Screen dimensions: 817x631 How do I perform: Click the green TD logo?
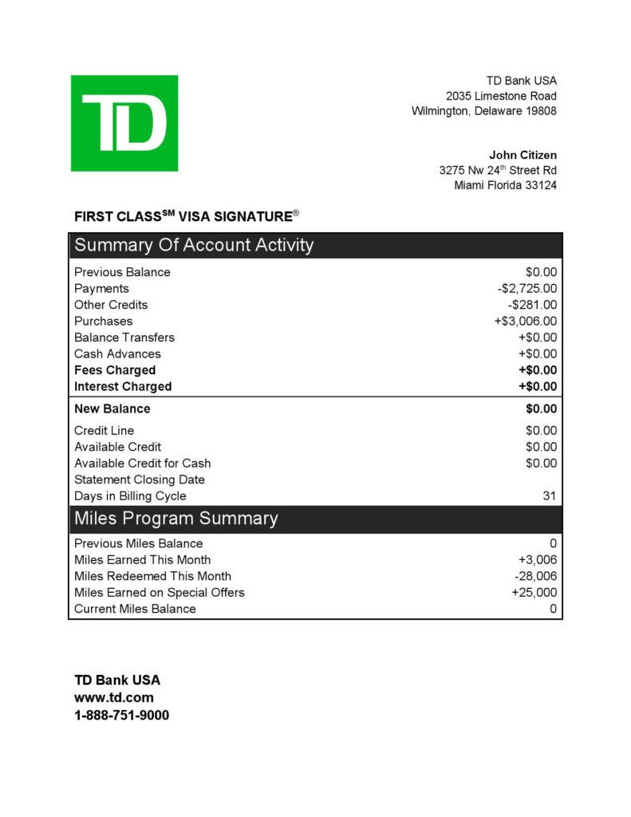(124, 123)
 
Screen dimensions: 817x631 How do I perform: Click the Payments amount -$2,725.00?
(526, 289)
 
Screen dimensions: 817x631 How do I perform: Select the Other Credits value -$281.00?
(532, 305)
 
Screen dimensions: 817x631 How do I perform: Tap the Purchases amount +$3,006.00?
(526, 322)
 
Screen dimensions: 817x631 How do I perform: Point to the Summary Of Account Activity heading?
(194, 245)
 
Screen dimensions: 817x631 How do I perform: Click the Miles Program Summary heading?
(176, 519)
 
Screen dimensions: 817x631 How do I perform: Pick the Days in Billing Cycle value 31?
(550, 496)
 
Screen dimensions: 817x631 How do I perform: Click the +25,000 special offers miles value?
(534, 593)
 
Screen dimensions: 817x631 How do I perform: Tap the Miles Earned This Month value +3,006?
(537, 560)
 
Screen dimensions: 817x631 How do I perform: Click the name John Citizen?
(523, 155)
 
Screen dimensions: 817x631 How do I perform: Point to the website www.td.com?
(114, 697)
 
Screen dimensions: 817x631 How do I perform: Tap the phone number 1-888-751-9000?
(121, 716)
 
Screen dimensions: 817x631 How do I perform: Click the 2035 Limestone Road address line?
(501, 96)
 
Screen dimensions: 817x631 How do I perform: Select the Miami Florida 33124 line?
(505, 185)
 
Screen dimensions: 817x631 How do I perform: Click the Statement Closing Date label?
(140, 480)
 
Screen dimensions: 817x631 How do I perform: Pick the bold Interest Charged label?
(123, 386)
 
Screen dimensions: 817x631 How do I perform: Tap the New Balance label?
(112, 408)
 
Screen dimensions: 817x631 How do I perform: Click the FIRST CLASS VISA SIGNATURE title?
(187, 216)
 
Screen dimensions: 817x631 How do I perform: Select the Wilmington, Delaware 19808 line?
(483, 111)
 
